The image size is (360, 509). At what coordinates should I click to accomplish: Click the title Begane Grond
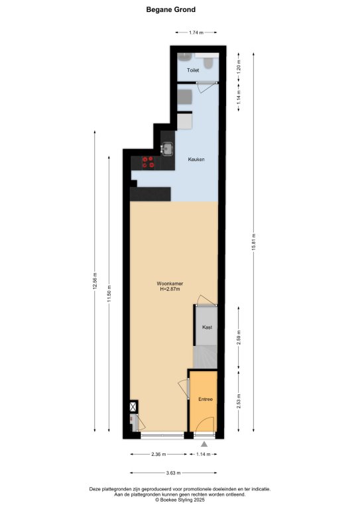171,10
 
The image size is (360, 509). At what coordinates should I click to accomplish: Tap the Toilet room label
193,70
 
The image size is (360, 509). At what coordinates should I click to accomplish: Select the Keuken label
196,159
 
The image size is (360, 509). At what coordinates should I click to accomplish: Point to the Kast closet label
207,327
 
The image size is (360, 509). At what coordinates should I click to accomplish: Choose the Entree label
206,399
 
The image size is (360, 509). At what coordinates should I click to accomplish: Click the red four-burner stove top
149,162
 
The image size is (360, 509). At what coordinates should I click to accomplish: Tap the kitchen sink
168,149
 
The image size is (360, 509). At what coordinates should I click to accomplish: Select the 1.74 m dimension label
196,32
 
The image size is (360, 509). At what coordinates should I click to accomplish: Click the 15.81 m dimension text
254,241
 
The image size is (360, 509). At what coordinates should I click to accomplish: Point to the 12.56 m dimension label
95,281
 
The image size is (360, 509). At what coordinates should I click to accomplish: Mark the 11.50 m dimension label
109,294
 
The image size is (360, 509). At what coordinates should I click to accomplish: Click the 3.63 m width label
173,473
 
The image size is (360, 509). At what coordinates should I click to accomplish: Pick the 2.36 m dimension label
158,454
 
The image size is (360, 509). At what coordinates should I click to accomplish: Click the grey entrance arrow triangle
204,444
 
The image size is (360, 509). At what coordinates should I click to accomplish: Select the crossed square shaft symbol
133,407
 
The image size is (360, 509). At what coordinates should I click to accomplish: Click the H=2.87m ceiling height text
170,289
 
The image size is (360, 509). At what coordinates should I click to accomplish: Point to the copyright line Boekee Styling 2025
180,500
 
